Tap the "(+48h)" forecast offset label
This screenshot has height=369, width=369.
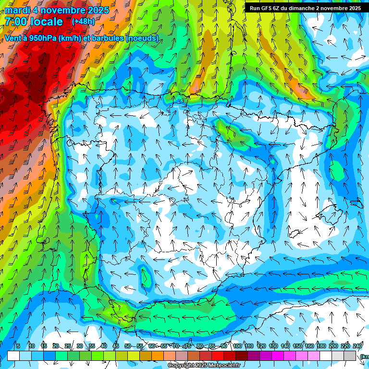point(83,22)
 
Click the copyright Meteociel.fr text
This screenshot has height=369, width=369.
point(204,365)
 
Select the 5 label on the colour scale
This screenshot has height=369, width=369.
point(18,346)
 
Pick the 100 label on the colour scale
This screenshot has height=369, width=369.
point(237,346)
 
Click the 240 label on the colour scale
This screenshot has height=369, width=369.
point(357,346)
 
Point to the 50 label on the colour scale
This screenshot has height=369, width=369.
point(128,346)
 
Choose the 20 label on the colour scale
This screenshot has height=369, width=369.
point(56,346)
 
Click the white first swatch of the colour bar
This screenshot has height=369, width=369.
point(13,356)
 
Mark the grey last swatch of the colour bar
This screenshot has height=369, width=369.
point(350,356)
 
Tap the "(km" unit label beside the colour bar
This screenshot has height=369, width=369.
point(365,356)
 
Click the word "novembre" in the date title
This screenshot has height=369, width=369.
point(64,10)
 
